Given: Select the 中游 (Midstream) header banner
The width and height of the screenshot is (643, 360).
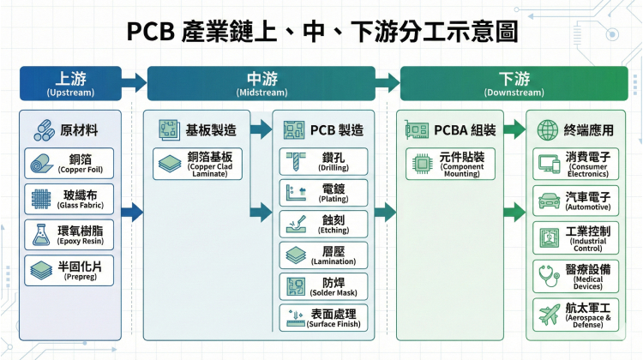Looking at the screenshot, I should [x=261, y=83].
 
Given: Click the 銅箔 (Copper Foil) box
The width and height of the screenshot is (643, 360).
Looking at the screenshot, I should [x=69, y=163].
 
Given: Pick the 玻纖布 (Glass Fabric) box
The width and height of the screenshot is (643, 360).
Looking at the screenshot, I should [x=69, y=198].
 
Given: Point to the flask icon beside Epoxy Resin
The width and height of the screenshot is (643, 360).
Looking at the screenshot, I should [x=39, y=234].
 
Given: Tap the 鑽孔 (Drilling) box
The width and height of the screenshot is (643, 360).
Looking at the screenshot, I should [x=324, y=162].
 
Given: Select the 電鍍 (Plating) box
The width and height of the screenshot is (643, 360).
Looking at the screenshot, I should [x=324, y=193].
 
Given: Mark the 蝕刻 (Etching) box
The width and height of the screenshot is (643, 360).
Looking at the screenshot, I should [x=324, y=224].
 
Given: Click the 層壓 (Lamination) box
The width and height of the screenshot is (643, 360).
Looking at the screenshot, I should [x=324, y=255].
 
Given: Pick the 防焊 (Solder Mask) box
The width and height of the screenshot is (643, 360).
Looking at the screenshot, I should [x=324, y=286].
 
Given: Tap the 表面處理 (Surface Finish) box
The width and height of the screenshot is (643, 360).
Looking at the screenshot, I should [x=324, y=317].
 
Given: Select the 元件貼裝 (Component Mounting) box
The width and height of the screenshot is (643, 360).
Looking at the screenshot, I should [x=445, y=163].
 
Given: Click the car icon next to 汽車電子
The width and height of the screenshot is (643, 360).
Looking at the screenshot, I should [x=548, y=201].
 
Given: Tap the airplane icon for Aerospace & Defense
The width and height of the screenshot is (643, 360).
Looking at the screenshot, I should [x=548, y=313].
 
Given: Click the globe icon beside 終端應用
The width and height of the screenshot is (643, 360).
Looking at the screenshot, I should [x=546, y=129].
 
